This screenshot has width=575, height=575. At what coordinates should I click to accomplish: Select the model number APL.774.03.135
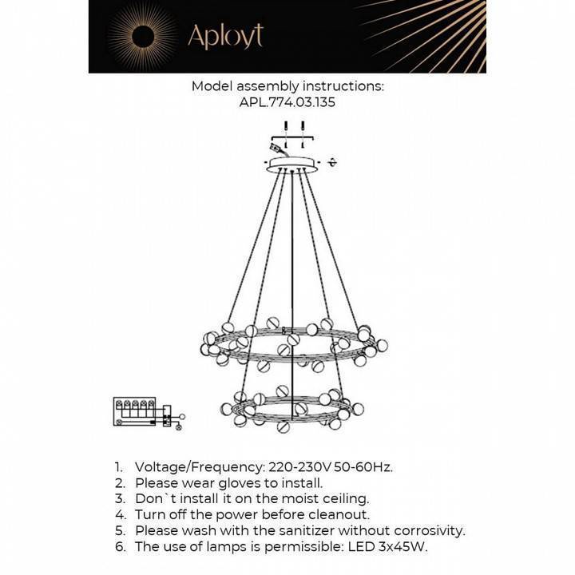coord(287,103)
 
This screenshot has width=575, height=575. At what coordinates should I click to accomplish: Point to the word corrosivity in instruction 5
coord(427,531)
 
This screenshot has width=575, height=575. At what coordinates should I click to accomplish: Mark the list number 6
coord(119,547)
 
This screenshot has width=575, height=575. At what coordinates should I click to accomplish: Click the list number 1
coord(118,467)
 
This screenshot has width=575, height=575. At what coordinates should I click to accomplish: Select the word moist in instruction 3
coord(300,499)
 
